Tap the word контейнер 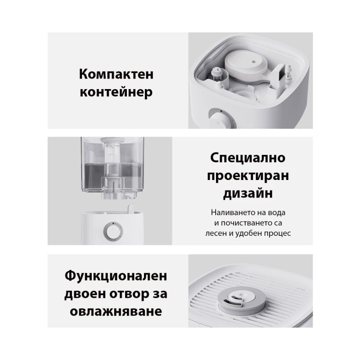point(116,93)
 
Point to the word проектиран point(247,177)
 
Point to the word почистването point(250,223)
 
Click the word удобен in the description point(253,234)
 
